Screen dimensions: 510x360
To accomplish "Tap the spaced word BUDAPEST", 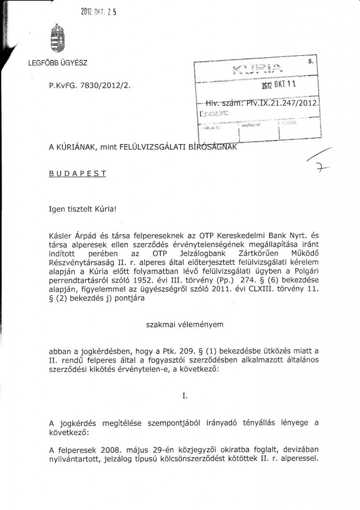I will [x=77, y=175].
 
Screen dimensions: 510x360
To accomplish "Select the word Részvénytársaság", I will [x=83, y=269].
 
